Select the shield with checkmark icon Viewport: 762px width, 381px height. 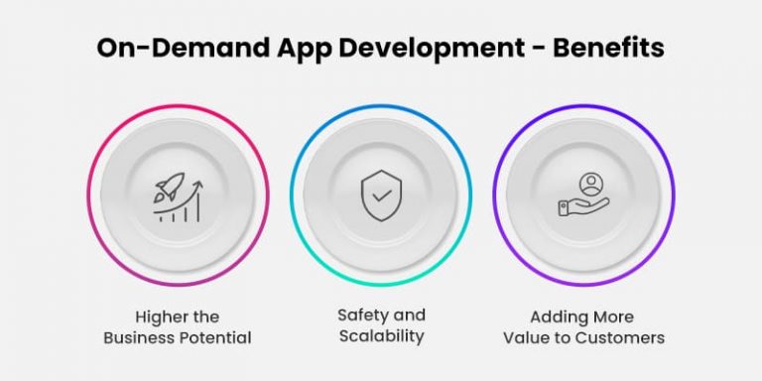click(x=380, y=194)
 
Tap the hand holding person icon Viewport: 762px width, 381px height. click(x=582, y=194)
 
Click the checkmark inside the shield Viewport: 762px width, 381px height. click(x=380, y=194)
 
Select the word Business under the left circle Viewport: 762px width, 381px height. click(x=138, y=337)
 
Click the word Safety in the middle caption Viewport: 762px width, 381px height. click(x=356, y=316)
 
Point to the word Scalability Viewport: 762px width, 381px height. click(x=380, y=336)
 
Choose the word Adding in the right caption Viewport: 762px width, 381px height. click(x=558, y=317)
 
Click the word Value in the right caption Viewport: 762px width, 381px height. click(x=527, y=337)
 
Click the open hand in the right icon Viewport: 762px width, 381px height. click(x=585, y=205)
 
